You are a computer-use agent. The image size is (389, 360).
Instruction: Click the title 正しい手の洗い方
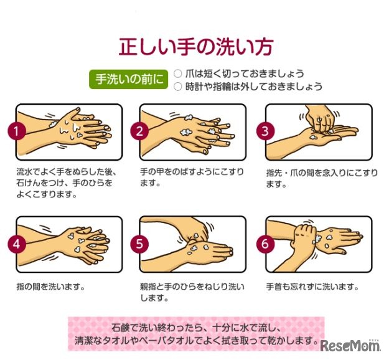pos(195,47)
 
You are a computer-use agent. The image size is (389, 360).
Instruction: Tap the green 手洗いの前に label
pos(129,79)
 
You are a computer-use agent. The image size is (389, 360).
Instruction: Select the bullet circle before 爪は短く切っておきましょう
pos(177,73)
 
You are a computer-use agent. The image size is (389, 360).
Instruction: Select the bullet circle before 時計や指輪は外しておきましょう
pos(177,87)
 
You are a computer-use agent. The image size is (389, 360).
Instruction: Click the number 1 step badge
pos(17,131)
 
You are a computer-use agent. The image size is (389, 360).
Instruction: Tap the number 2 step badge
pos(139,131)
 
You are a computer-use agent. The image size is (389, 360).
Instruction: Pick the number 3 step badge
pos(265,131)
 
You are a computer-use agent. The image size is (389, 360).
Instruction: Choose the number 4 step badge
pos(17,244)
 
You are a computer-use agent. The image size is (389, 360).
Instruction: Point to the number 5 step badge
pos(139,244)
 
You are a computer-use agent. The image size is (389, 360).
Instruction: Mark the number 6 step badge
pos(265,244)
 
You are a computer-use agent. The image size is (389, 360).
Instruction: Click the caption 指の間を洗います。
pos(51,287)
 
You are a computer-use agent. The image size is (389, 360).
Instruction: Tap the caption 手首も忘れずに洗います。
pos(312,287)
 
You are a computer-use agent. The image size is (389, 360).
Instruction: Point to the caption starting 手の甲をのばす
pos(192,178)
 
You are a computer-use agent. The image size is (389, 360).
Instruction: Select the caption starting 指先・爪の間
pos(322,178)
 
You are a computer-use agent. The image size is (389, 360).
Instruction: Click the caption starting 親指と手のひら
pos(192,292)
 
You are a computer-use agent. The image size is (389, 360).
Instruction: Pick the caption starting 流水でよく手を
pos(66,183)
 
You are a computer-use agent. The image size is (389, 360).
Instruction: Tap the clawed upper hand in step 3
pos(320,118)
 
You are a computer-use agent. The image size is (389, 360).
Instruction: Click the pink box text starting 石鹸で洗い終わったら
pos(196,334)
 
